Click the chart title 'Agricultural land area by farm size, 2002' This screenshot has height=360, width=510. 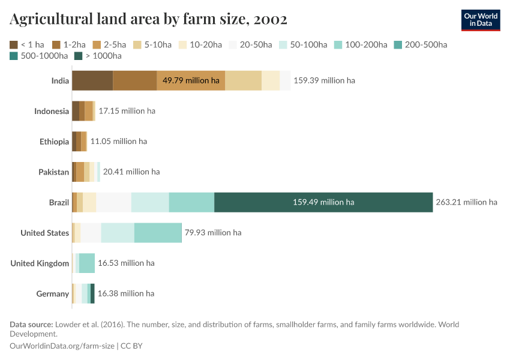pos(148,19)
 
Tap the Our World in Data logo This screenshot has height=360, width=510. pos(480,20)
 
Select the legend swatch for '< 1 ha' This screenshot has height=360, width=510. pos(14,44)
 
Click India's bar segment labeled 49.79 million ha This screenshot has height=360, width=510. pos(191,80)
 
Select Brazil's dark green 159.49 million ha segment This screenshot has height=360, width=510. pos(323,202)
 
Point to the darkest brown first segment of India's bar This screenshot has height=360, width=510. pos(92,80)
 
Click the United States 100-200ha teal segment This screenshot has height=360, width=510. pos(158,233)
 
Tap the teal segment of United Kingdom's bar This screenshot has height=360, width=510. pos(87,263)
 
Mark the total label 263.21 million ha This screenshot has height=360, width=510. pos(466,202)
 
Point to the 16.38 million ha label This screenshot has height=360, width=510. pos(125,293)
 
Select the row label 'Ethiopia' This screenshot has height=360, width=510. pos(54,142)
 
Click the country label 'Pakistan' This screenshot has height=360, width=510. pos(53,172)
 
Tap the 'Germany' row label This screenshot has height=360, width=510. pos(52,294)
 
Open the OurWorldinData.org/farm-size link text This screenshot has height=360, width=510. pos(63,346)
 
